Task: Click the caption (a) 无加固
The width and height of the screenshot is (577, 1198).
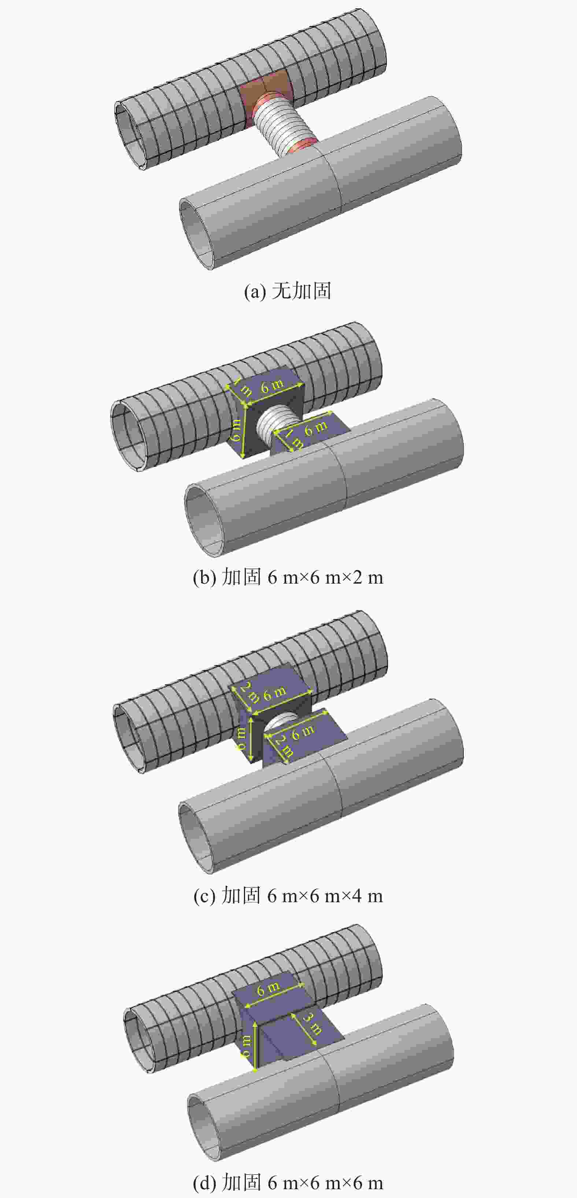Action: coord(288,291)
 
